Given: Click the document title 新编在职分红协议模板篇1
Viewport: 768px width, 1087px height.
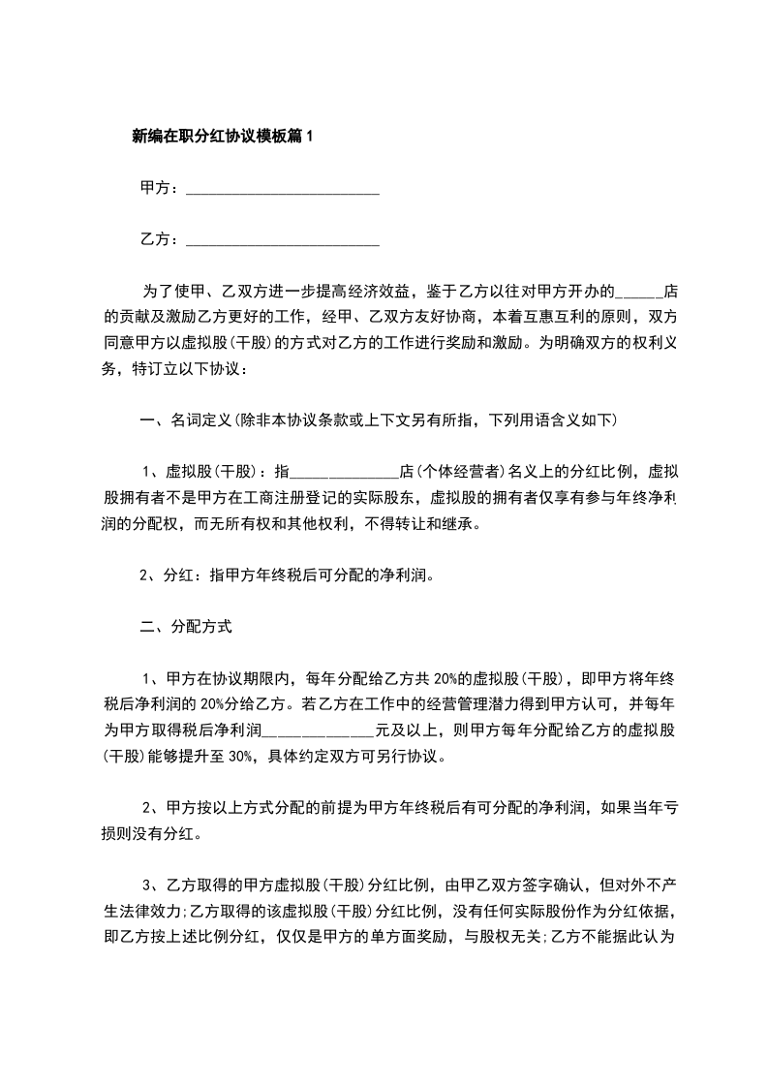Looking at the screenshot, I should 223,137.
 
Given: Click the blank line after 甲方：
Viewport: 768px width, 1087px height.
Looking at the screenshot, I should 282,189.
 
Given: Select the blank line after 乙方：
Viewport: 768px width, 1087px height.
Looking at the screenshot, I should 282,239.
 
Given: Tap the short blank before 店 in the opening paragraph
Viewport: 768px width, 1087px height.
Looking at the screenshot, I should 639,291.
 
